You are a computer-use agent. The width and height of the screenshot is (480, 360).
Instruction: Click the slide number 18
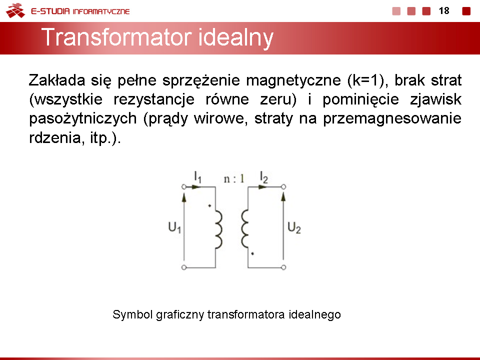444,10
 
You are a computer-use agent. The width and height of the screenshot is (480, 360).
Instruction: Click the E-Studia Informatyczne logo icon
15,10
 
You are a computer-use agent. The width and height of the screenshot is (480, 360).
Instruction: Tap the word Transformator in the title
117,37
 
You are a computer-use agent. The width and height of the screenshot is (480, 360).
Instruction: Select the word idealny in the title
235,38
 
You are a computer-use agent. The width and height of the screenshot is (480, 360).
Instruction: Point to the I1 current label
198,177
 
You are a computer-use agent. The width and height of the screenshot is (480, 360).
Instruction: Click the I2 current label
263,177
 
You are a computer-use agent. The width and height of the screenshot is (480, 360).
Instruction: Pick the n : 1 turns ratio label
234,178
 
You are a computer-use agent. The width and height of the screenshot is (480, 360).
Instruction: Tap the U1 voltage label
174,227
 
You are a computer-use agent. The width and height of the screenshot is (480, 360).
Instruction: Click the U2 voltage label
294,228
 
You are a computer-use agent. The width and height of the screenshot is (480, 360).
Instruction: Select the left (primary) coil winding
219,229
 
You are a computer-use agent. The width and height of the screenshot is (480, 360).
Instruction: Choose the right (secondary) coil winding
244,229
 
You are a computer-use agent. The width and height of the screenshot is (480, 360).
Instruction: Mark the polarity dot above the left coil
209,205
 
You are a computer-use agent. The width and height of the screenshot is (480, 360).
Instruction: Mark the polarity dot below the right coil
252,253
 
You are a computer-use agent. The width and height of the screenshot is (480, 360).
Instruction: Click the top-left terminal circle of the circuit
184,186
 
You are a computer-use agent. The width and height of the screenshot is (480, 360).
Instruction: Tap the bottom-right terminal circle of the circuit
283,267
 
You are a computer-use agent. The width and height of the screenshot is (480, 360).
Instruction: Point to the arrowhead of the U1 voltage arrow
184,197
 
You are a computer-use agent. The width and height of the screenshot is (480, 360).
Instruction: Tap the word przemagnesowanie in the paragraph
392,119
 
